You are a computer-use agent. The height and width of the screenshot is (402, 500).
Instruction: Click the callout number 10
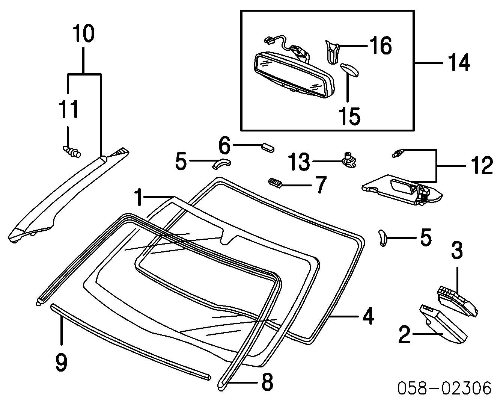coord(83,34)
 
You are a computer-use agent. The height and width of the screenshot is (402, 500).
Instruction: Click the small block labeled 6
coord(268,147)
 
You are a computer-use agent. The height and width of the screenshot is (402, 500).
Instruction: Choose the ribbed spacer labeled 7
coord(274,183)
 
